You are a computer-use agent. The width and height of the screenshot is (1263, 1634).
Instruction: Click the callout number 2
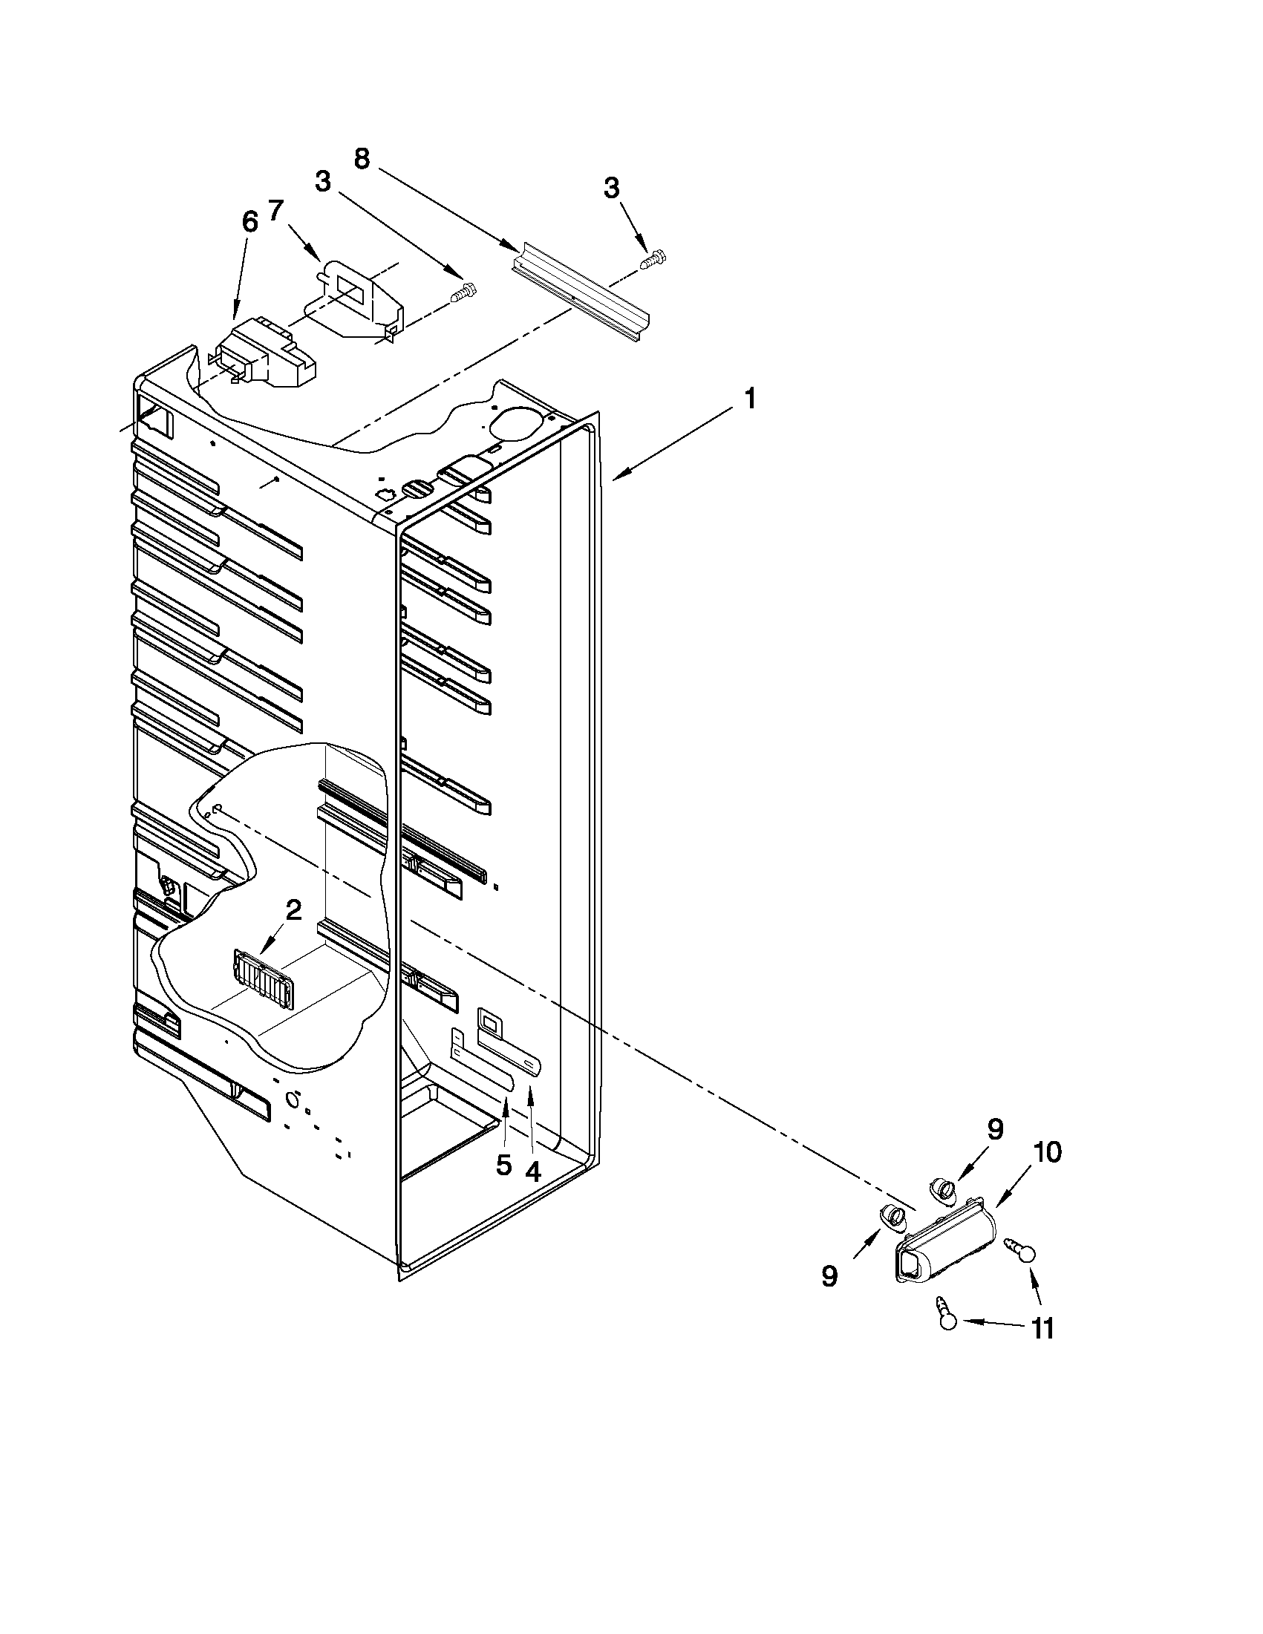click(x=293, y=909)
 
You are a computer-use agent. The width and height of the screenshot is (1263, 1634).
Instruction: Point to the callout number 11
click(x=1042, y=1327)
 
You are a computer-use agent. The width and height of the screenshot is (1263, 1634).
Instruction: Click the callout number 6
click(x=249, y=222)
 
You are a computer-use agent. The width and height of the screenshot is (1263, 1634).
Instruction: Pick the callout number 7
click(x=276, y=211)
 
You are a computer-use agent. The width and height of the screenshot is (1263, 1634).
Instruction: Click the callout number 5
click(x=503, y=1164)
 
